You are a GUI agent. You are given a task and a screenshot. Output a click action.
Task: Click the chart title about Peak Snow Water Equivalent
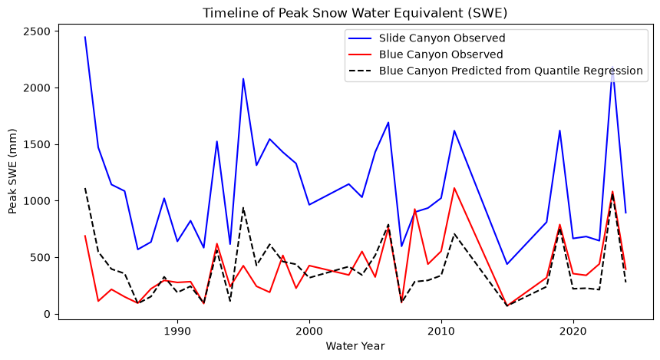355,13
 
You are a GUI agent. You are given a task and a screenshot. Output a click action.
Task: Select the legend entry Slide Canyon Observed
442,38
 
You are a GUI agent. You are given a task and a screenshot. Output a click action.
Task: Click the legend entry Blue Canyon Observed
441,54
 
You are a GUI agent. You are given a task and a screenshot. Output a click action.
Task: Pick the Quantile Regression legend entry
510,71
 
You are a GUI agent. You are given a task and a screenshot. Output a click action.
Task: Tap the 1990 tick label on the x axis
177,332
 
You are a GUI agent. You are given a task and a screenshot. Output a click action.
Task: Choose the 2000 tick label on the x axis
309,332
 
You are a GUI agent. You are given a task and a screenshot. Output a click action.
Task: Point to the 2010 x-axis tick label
441,332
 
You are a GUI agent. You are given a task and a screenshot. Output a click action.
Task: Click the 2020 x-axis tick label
573,332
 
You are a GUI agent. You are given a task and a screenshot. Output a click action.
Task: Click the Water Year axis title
355,346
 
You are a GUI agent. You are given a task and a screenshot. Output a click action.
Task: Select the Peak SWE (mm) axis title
12,171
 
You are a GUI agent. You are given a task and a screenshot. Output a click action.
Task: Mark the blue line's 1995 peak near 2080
243,79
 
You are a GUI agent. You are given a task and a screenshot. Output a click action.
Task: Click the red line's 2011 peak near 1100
454,188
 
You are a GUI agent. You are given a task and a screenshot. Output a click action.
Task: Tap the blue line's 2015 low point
507,264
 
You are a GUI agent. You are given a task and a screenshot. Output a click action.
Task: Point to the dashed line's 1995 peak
243,207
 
